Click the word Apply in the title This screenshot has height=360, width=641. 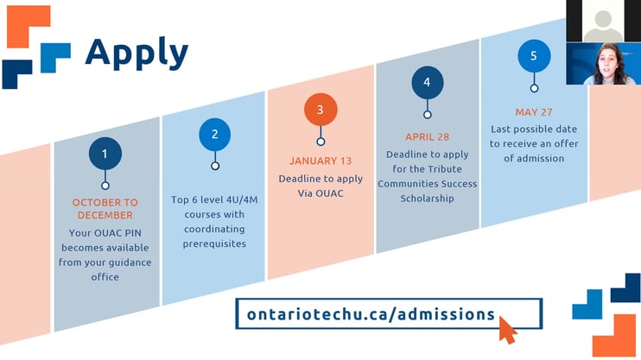[x=136, y=54]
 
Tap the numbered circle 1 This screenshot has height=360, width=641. [x=105, y=154]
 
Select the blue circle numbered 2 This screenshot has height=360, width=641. [x=214, y=135]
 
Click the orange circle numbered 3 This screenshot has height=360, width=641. [x=320, y=110]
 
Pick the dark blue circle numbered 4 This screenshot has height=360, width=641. [x=428, y=83]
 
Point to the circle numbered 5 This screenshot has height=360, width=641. [x=534, y=56]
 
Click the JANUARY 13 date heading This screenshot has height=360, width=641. [x=320, y=161]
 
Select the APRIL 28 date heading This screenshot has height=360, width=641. [x=428, y=137]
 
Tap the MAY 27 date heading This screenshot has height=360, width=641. [x=534, y=112]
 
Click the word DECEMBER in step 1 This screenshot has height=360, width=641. [x=105, y=215]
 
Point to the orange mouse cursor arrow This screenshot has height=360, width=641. [x=507, y=330]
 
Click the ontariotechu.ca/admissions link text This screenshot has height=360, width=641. [x=371, y=314]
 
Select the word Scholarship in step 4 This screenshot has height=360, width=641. [x=428, y=199]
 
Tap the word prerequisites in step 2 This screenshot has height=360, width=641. [x=214, y=244]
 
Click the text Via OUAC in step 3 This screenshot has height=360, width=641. [x=320, y=193]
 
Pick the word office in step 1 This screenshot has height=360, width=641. [x=105, y=277]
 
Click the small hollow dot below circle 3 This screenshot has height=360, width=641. [x=320, y=142]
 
